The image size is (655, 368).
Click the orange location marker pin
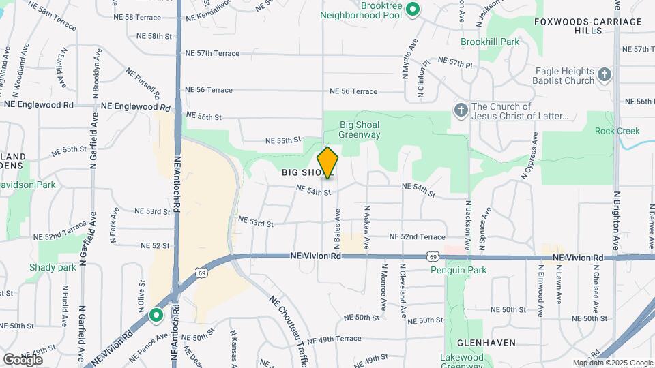(328, 162)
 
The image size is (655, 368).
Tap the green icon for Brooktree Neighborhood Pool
(412, 10)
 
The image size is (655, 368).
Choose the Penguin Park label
(458, 271)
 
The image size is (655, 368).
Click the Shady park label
(53, 267)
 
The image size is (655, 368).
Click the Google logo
(23, 359)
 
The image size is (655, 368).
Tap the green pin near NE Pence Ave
(156, 316)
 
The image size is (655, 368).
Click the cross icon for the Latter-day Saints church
(461, 110)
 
